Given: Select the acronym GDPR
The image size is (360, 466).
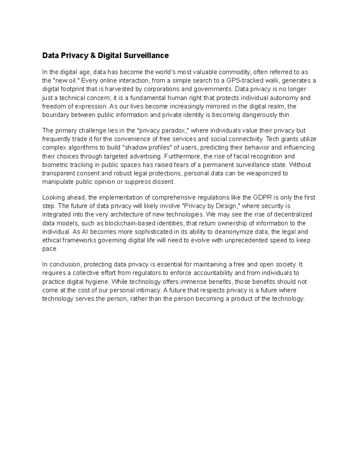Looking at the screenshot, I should (x=262, y=197).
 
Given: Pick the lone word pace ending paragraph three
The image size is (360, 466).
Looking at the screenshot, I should (x=49, y=249).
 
